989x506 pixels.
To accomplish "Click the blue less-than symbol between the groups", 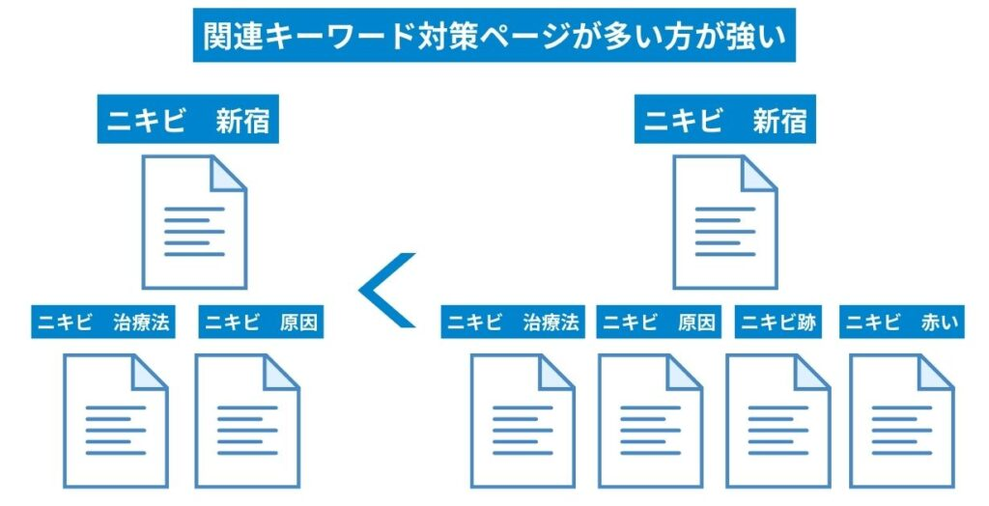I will tap(388, 289).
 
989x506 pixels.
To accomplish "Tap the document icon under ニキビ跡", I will tap(777, 419).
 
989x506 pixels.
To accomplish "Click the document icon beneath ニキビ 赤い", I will tap(902, 419).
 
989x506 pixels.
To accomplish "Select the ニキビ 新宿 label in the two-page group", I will tap(187, 123).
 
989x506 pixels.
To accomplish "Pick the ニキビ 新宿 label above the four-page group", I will tap(724, 123).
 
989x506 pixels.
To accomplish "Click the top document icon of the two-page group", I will tap(194, 222).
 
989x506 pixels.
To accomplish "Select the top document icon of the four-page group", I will tap(724, 222).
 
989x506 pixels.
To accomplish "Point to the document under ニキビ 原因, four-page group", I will tap(650, 419).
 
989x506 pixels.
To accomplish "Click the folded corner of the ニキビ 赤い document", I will tap(936, 372).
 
